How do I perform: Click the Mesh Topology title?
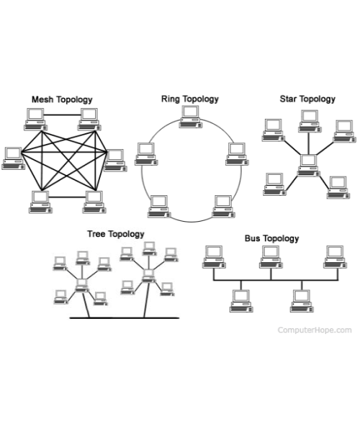pyautogui.click(x=62, y=100)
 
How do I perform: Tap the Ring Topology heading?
pyautogui.click(x=190, y=99)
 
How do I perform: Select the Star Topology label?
pyautogui.click(x=307, y=99)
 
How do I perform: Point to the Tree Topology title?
pyautogui.click(x=116, y=234)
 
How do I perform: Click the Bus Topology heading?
pyautogui.click(x=272, y=238)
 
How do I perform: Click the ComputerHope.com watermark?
pyautogui.click(x=315, y=330)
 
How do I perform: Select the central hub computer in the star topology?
pyautogui.click(x=308, y=166)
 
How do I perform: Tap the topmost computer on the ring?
pyautogui.click(x=191, y=117)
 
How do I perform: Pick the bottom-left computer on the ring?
pyautogui.click(x=159, y=207)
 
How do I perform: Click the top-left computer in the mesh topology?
pyautogui.click(x=35, y=120)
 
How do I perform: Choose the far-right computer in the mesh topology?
pyautogui.click(x=115, y=161)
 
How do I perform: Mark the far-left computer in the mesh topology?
pyautogui.click(x=13, y=158)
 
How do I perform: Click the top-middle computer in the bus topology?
pyautogui.click(x=271, y=257)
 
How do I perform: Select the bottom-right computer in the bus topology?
pyautogui.click(x=302, y=301)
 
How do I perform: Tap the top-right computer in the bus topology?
pyautogui.click(x=336, y=257)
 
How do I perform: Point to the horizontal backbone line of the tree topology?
pyautogui.click(x=125, y=318)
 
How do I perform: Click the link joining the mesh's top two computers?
pyautogui.click(x=63, y=115)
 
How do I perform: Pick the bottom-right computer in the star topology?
pyautogui.click(x=338, y=188)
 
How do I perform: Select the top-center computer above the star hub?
pyautogui.click(x=310, y=121)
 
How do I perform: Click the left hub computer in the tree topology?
pyautogui.click(x=82, y=285)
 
